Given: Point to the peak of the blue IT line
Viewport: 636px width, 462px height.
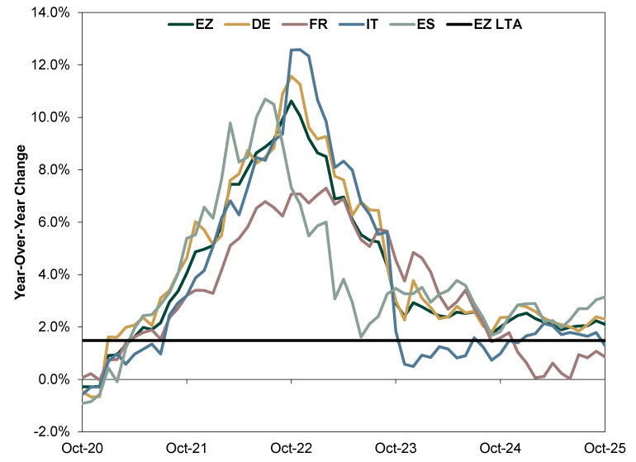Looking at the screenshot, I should [x=296, y=50].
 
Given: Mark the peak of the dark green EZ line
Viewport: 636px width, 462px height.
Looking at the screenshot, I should [x=291, y=101].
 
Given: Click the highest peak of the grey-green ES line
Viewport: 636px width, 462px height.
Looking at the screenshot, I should [x=265, y=99].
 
